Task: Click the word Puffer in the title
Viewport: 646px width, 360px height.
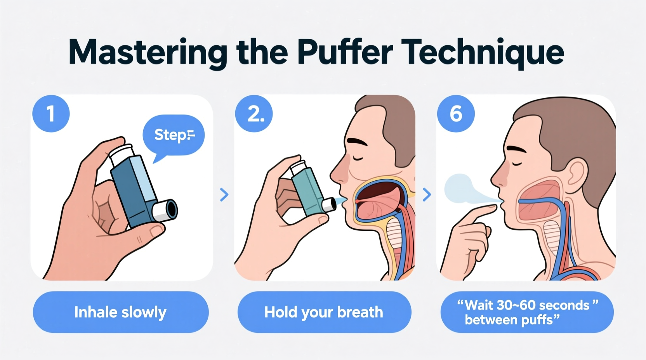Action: (345, 52)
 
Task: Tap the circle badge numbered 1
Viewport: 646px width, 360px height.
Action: (51, 114)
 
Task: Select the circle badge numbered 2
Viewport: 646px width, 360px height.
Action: (254, 114)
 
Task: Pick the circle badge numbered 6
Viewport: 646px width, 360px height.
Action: (456, 114)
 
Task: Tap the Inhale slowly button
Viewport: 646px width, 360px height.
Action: (120, 312)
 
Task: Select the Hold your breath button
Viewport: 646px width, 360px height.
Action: (324, 312)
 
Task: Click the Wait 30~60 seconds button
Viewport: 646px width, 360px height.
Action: (527, 312)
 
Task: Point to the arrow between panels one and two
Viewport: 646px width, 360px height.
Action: (224, 194)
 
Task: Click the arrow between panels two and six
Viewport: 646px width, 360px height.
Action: (426, 194)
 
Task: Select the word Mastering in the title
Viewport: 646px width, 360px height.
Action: (148, 52)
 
